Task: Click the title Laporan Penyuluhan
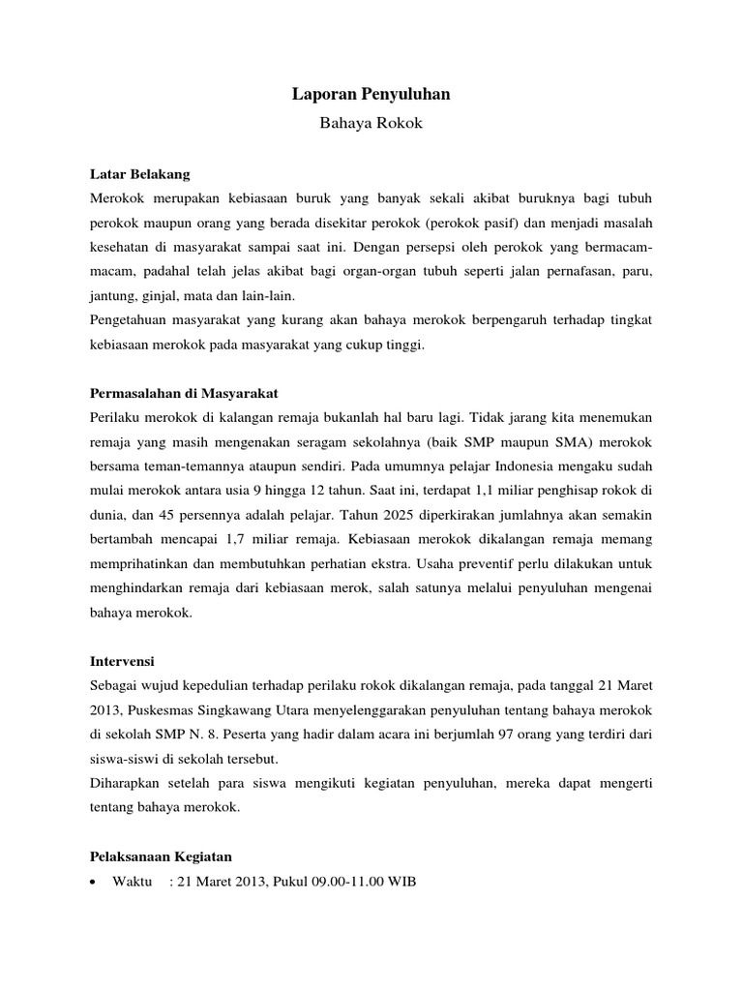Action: [371, 95]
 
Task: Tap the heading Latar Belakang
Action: [139, 174]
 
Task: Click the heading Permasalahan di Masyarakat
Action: [184, 394]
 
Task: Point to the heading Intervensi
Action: [124, 663]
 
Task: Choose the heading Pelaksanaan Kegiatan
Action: [161, 856]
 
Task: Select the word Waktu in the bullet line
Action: [134, 882]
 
